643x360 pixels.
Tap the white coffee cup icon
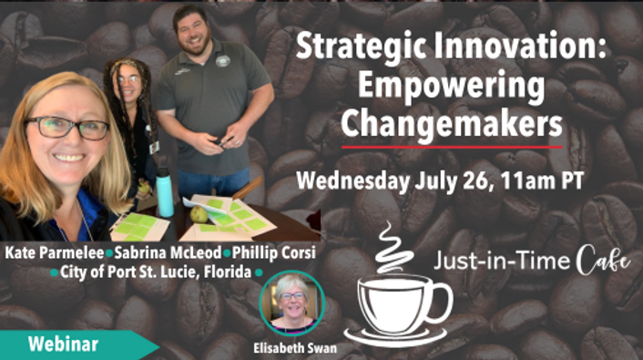click(x=397, y=306)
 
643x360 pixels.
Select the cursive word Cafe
click(x=602, y=262)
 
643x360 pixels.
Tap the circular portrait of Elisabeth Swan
click(x=292, y=302)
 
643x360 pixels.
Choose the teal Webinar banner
click(x=68, y=345)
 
